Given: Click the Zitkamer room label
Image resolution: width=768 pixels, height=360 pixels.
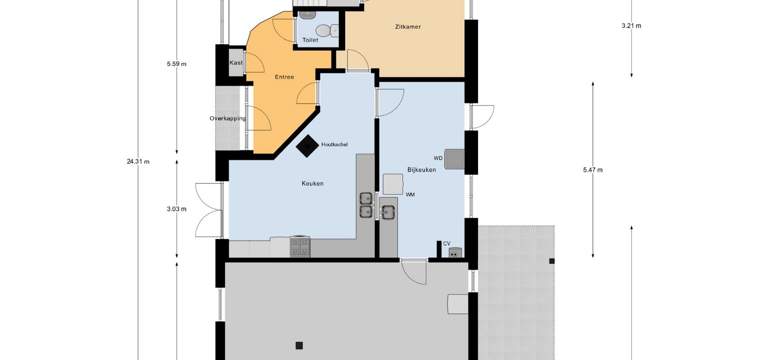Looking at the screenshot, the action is (408, 27).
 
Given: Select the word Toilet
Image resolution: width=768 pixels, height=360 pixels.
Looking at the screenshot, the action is (310, 40).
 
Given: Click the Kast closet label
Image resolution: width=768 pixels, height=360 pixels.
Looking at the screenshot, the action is (236, 63).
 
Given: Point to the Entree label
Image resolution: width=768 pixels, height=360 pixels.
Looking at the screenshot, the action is (284, 77).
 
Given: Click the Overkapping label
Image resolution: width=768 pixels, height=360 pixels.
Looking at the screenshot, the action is (228, 118).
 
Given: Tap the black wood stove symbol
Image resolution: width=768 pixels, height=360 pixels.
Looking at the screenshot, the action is (307, 146).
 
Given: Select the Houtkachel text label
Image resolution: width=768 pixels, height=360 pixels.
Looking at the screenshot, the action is (334, 144).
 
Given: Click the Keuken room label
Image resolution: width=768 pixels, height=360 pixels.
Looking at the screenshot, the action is (312, 184).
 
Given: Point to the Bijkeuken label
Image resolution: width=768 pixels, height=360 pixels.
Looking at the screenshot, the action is (422, 170).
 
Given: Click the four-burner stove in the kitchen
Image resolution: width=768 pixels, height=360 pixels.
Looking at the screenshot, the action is (300, 246).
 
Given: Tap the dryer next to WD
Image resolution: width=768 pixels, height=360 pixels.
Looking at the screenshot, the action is (455, 159).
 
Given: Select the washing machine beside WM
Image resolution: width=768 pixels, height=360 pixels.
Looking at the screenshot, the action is (393, 184).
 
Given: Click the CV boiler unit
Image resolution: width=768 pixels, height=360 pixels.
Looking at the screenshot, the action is (455, 252).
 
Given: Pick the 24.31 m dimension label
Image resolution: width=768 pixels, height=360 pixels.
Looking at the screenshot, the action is (138, 162).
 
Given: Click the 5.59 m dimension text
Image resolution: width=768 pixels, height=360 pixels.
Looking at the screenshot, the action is (176, 64).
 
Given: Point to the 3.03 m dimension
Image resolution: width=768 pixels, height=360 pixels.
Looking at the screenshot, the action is (176, 209).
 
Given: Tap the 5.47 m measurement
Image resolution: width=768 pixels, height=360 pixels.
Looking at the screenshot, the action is (593, 170).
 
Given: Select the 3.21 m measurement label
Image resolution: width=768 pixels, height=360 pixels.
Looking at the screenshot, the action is (631, 26).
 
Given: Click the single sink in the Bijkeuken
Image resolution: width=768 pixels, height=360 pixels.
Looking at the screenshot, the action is (388, 212).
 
